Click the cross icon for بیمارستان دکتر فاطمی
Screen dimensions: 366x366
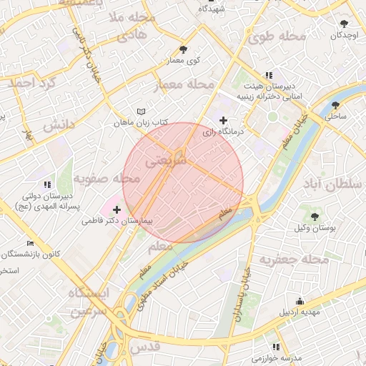[x=117, y=210]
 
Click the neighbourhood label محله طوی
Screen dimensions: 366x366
[x=284, y=35]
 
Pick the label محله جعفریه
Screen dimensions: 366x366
[x=294, y=259]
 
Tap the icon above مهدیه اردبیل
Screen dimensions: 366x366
[x=300, y=301]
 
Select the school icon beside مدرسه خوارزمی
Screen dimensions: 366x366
[x=277, y=347]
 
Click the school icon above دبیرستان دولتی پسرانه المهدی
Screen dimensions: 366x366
[x=47, y=184]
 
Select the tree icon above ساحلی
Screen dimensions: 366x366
[x=335, y=105]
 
